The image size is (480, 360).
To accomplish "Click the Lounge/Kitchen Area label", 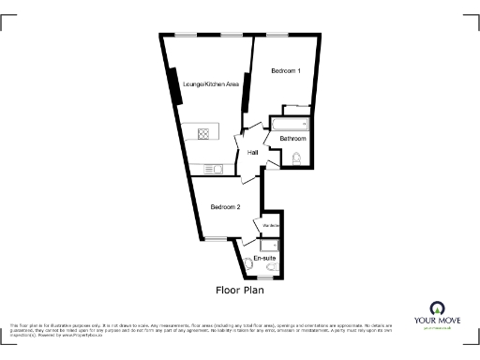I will tap(211, 85).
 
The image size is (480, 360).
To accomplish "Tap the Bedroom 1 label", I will tap(286, 72).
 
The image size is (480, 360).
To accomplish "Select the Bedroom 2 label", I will tap(225, 207).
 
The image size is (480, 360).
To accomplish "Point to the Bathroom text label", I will tap(292, 139).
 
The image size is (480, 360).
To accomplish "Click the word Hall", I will tap(253, 153).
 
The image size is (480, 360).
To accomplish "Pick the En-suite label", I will tap(264, 257).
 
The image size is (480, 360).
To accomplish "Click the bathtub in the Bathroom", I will tap(290, 124).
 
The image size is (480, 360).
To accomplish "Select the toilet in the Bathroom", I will tap(297, 157).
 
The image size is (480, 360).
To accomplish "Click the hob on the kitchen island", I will tap(202, 133).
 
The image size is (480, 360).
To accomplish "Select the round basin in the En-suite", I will tap(248, 264).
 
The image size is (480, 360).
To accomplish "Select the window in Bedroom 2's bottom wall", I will tap(217, 237).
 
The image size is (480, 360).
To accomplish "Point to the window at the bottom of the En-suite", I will tap(265, 278).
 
